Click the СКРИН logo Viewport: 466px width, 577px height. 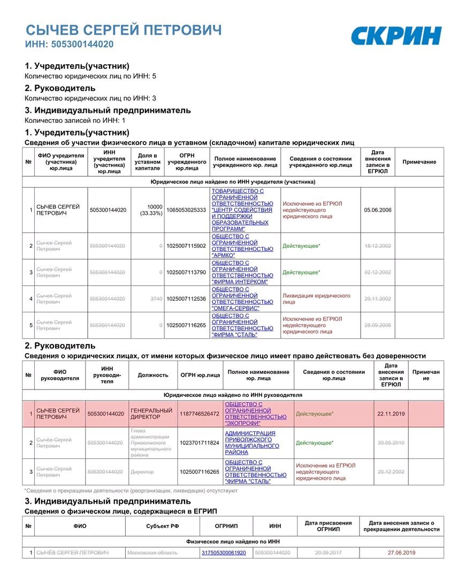click(x=395, y=36)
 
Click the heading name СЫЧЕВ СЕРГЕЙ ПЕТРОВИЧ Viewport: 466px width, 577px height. click(x=123, y=30)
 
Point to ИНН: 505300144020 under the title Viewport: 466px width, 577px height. click(x=69, y=44)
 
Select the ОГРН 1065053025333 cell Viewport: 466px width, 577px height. click(x=186, y=210)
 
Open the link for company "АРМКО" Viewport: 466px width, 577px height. click(x=242, y=246)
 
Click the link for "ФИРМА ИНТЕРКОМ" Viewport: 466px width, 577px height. click(x=242, y=272)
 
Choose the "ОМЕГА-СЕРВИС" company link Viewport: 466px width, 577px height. click(x=242, y=299)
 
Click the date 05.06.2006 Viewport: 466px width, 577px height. click(x=378, y=210)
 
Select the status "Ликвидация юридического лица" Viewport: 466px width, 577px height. click(x=316, y=299)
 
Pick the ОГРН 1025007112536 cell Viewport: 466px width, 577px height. click(x=186, y=299)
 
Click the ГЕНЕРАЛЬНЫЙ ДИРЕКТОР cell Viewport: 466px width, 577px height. click(x=152, y=414)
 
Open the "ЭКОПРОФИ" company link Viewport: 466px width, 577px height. click(x=256, y=414)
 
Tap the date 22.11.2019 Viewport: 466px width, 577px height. click(x=391, y=414)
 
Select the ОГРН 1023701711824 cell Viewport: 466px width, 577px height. click(x=200, y=443)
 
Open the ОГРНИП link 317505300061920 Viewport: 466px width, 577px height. click(x=224, y=552)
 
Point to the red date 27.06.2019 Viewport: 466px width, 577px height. click(x=401, y=552)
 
